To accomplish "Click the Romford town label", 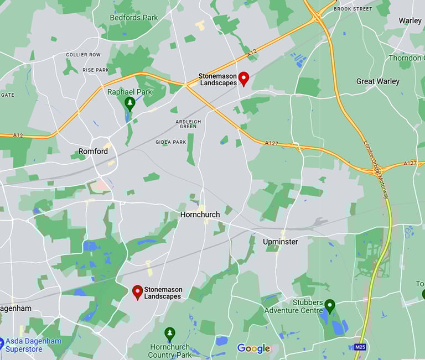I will tap(93, 151).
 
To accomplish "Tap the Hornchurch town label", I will tap(200, 215).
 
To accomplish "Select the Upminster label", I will tap(280, 242).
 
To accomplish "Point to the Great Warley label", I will tap(377, 81).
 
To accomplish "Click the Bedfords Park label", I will tap(133, 18).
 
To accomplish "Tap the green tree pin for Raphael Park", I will tap(129, 103).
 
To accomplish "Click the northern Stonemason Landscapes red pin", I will tap(243, 79).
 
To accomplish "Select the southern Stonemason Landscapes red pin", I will tap(137, 292).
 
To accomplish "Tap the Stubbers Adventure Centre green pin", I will tap(330, 305).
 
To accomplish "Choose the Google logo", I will tap(253, 348).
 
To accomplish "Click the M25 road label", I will tap(360, 347).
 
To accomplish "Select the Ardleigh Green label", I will tap(188, 123).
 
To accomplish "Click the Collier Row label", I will tap(83, 55).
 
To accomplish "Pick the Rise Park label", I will tap(95, 70).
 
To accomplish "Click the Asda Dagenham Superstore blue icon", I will tap(2, 344).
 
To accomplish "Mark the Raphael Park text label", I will tap(129, 92).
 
